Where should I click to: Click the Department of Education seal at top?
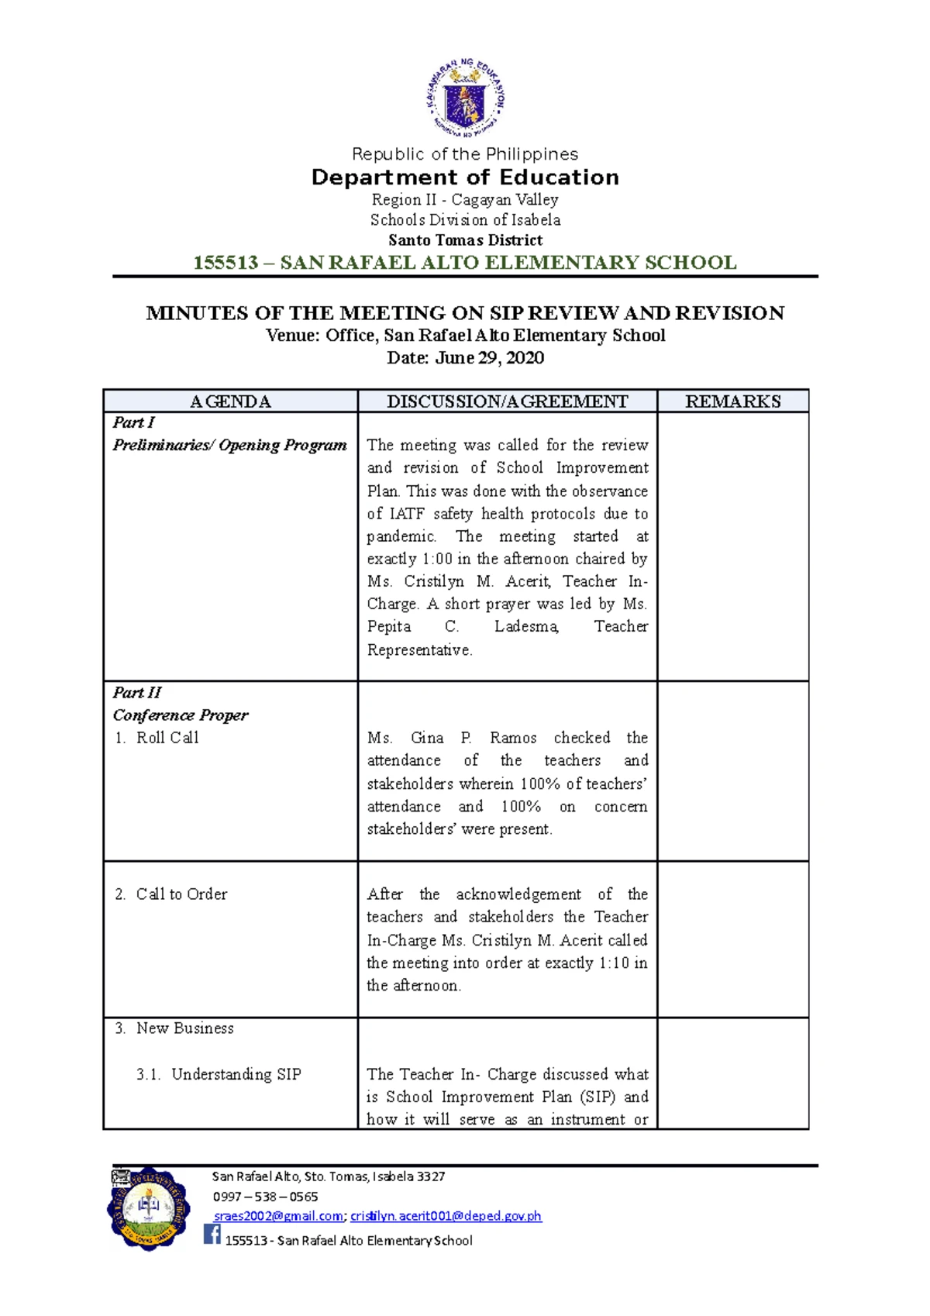point(465,98)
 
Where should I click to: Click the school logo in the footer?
point(148,1209)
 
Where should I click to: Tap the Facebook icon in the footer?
point(212,1234)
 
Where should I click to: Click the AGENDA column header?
point(230,401)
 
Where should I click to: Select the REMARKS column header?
point(732,401)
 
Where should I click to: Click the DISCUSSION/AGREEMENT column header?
point(507,401)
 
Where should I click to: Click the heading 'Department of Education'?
point(465,177)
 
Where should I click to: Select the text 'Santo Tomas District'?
point(465,240)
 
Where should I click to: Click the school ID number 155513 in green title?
point(226,263)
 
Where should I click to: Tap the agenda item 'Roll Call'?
point(167,738)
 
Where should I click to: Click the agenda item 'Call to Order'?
point(181,894)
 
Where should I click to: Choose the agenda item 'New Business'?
point(184,1028)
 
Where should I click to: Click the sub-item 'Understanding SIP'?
point(236,1074)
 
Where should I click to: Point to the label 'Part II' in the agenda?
point(137,693)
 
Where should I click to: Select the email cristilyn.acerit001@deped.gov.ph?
point(446,1217)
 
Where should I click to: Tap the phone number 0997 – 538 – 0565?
point(265,1197)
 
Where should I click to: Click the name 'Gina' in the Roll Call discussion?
point(427,738)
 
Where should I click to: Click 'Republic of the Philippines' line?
point(465,154)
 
